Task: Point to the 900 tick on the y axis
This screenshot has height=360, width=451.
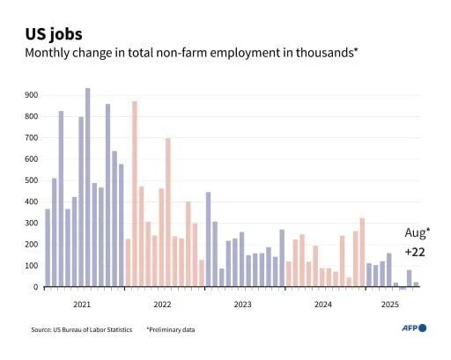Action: coord(31,95)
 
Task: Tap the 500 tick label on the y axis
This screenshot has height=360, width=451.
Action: coord(31,180)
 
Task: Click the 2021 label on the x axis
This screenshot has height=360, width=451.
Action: coord(82,305)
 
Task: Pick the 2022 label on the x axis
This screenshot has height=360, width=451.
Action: coord(162,305)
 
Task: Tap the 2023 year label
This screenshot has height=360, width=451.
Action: coord(242,305)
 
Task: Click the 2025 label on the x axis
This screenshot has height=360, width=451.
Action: coord(389,305)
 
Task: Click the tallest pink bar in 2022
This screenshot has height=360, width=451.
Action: coord(135,194)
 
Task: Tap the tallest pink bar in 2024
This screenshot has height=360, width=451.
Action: coord(362,252)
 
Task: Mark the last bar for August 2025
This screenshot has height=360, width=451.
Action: coord(416,284)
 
